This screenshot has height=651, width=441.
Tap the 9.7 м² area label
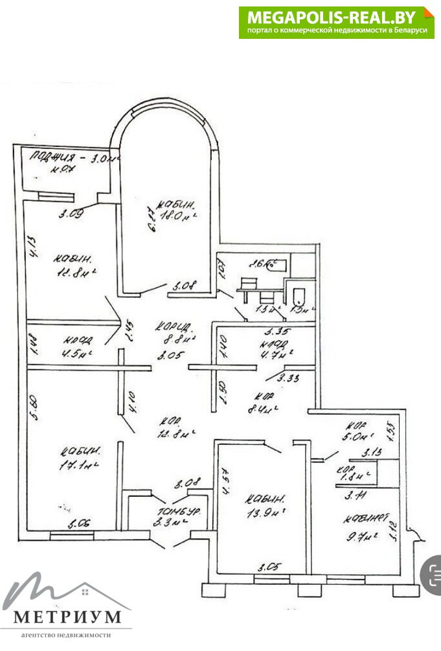pos(361,536)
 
